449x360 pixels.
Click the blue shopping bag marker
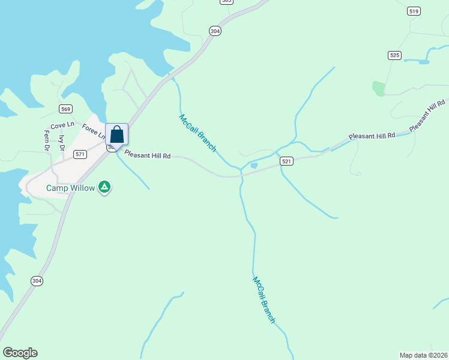click(116, 134)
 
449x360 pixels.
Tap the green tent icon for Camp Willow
click(104, 187)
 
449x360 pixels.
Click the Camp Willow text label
click(71, 188)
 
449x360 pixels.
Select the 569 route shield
click(66, 109)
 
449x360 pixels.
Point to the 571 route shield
click(80, 154)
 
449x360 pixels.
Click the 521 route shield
click(286, 161)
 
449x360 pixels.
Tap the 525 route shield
click(394, 55)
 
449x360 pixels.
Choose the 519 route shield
click(413, 11)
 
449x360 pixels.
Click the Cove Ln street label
click(62, 125)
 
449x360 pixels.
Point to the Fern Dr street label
click(46, 141)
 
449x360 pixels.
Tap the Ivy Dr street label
click(61, 144)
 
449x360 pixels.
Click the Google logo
click(20, 353)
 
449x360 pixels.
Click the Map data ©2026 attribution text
click(423, 355)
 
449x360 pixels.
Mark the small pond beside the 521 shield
click(254, 166)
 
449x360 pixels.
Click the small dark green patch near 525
click(378, 89)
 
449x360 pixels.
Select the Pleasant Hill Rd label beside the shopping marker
click(148, 155)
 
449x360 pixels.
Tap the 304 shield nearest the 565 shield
click(215, 31)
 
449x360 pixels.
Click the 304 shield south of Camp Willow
click(37, 280)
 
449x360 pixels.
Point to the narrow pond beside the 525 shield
click(417, 61)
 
